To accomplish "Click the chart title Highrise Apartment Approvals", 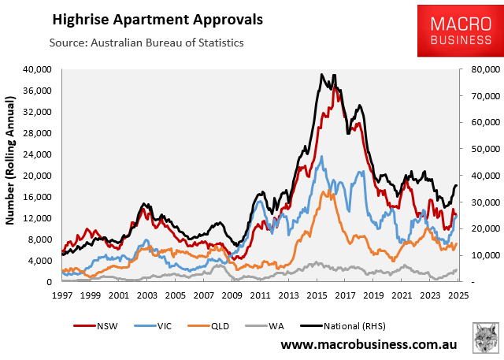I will click(x=158, y=17).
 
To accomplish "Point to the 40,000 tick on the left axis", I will click(x=36, y=69).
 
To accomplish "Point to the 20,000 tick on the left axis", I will click(x=36, y=176).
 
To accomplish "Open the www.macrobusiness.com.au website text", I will click(x=370, y=345).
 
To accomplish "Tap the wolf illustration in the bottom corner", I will click(x=484, y=337).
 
